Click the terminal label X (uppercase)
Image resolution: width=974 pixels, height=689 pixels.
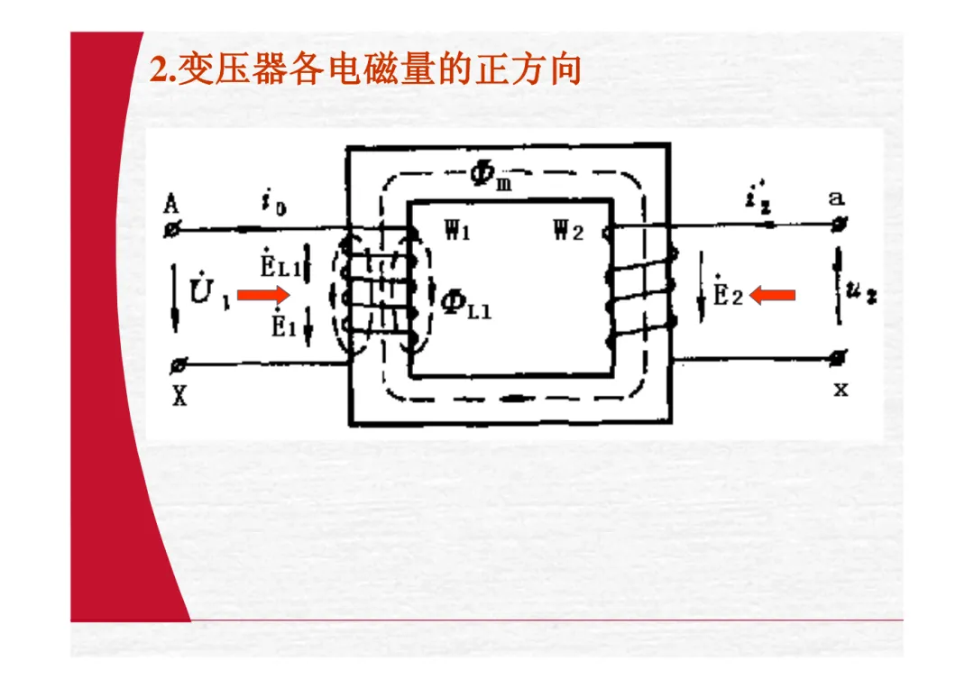coord(179,395)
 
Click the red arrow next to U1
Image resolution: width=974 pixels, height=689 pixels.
coord(264,293)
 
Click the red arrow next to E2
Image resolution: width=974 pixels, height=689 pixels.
coord(772,294)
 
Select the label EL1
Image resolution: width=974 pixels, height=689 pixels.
coord(280,264)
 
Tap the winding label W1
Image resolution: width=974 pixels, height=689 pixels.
coord(457,231)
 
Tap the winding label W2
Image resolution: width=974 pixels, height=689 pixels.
coord(569,232)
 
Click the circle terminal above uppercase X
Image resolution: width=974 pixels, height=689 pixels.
coord(179,365)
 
